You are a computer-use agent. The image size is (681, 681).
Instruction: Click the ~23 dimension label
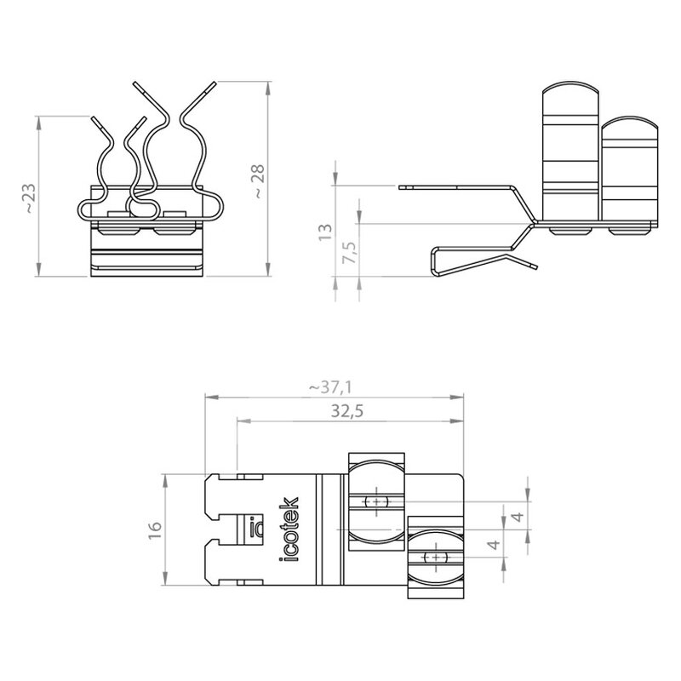30,198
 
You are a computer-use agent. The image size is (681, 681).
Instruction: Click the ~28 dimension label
258,181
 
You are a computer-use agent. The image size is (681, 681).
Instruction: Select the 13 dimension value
325,232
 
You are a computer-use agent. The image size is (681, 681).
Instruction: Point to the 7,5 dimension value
349,251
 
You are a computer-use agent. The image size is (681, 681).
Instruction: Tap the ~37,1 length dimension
330,387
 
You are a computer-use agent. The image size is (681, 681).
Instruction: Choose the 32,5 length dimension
347,411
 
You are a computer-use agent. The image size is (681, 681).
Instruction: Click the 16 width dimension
155,530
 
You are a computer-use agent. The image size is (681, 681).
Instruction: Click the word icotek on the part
289,529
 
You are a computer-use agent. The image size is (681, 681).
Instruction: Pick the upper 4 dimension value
518,517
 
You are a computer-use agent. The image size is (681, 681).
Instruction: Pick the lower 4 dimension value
495,544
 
